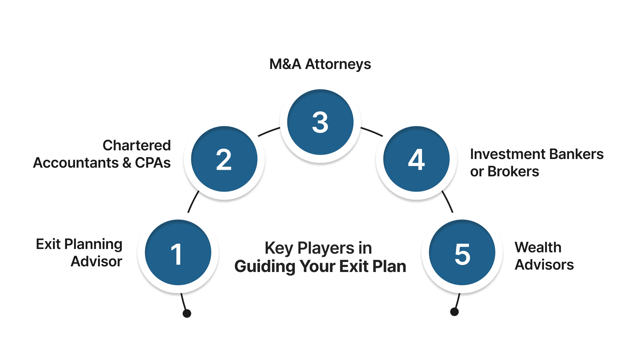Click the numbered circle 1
pos(178,253)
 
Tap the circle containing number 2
pos(224,159)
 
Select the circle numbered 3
pos(320,122)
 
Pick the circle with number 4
pos(416,159)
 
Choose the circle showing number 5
pos(462,253)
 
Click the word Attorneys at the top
pos(338,64)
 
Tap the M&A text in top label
pos(285,64)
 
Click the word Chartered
pos(137,145)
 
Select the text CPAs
pos(153,163)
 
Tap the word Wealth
pos(538,247)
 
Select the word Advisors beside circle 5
pos(544,265)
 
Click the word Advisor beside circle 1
pos(97,261)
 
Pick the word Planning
pos(93,245)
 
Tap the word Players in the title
pos(326,248)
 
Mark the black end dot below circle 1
pos(187,313)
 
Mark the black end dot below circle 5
pos(454,312)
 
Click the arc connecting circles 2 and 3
pos(269,131)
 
